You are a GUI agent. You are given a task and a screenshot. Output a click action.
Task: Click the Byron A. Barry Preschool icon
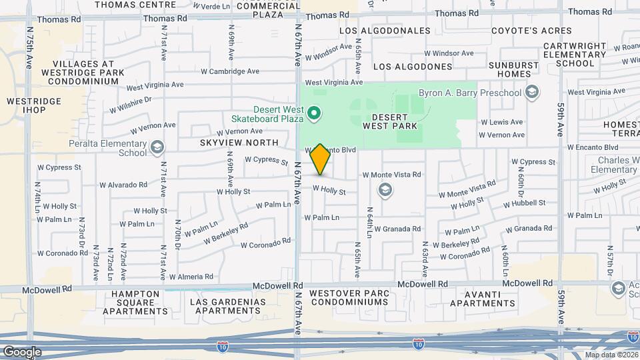point(531,93)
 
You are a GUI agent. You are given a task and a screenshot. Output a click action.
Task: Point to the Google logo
point(22,351)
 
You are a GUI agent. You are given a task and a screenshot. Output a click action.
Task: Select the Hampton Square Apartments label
point(135,302)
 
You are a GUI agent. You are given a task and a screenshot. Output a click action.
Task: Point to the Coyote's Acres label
point(531,31)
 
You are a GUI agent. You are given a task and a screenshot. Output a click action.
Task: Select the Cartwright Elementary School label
point(575,55)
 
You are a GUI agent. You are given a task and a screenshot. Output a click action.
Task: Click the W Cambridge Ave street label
point(230,71)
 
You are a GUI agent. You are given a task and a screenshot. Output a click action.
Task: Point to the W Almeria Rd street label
point(191,276)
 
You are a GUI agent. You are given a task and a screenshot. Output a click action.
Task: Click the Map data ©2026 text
point(611,355)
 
